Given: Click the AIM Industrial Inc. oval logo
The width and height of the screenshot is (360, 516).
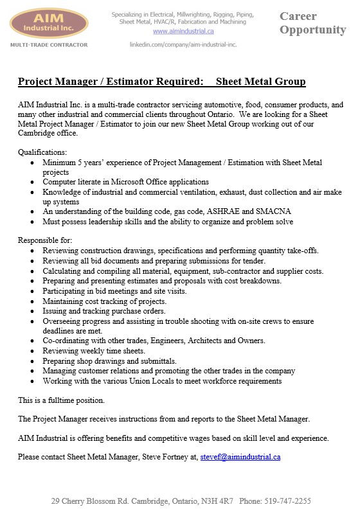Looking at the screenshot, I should (x=49, y=23).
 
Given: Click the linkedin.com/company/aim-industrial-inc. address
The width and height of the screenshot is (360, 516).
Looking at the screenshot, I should (x=183, y=44).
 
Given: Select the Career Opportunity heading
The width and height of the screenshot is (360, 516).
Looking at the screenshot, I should (x=312, y=22).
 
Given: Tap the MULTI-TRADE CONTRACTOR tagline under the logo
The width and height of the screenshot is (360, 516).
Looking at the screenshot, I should (x=49, y=45).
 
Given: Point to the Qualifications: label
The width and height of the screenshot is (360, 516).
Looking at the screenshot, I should (x=42, y=153).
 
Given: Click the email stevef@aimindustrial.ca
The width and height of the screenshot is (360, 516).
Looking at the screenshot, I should (x=240, y=458).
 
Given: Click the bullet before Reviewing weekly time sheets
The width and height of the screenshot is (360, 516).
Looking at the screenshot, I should (x=33, y=351).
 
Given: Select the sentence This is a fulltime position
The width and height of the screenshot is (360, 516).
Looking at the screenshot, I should (x=61, y=400).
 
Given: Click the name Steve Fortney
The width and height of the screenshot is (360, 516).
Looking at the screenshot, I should (x=166, y=458).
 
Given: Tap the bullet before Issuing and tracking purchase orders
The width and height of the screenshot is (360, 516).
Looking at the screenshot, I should (x=33, y=311).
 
